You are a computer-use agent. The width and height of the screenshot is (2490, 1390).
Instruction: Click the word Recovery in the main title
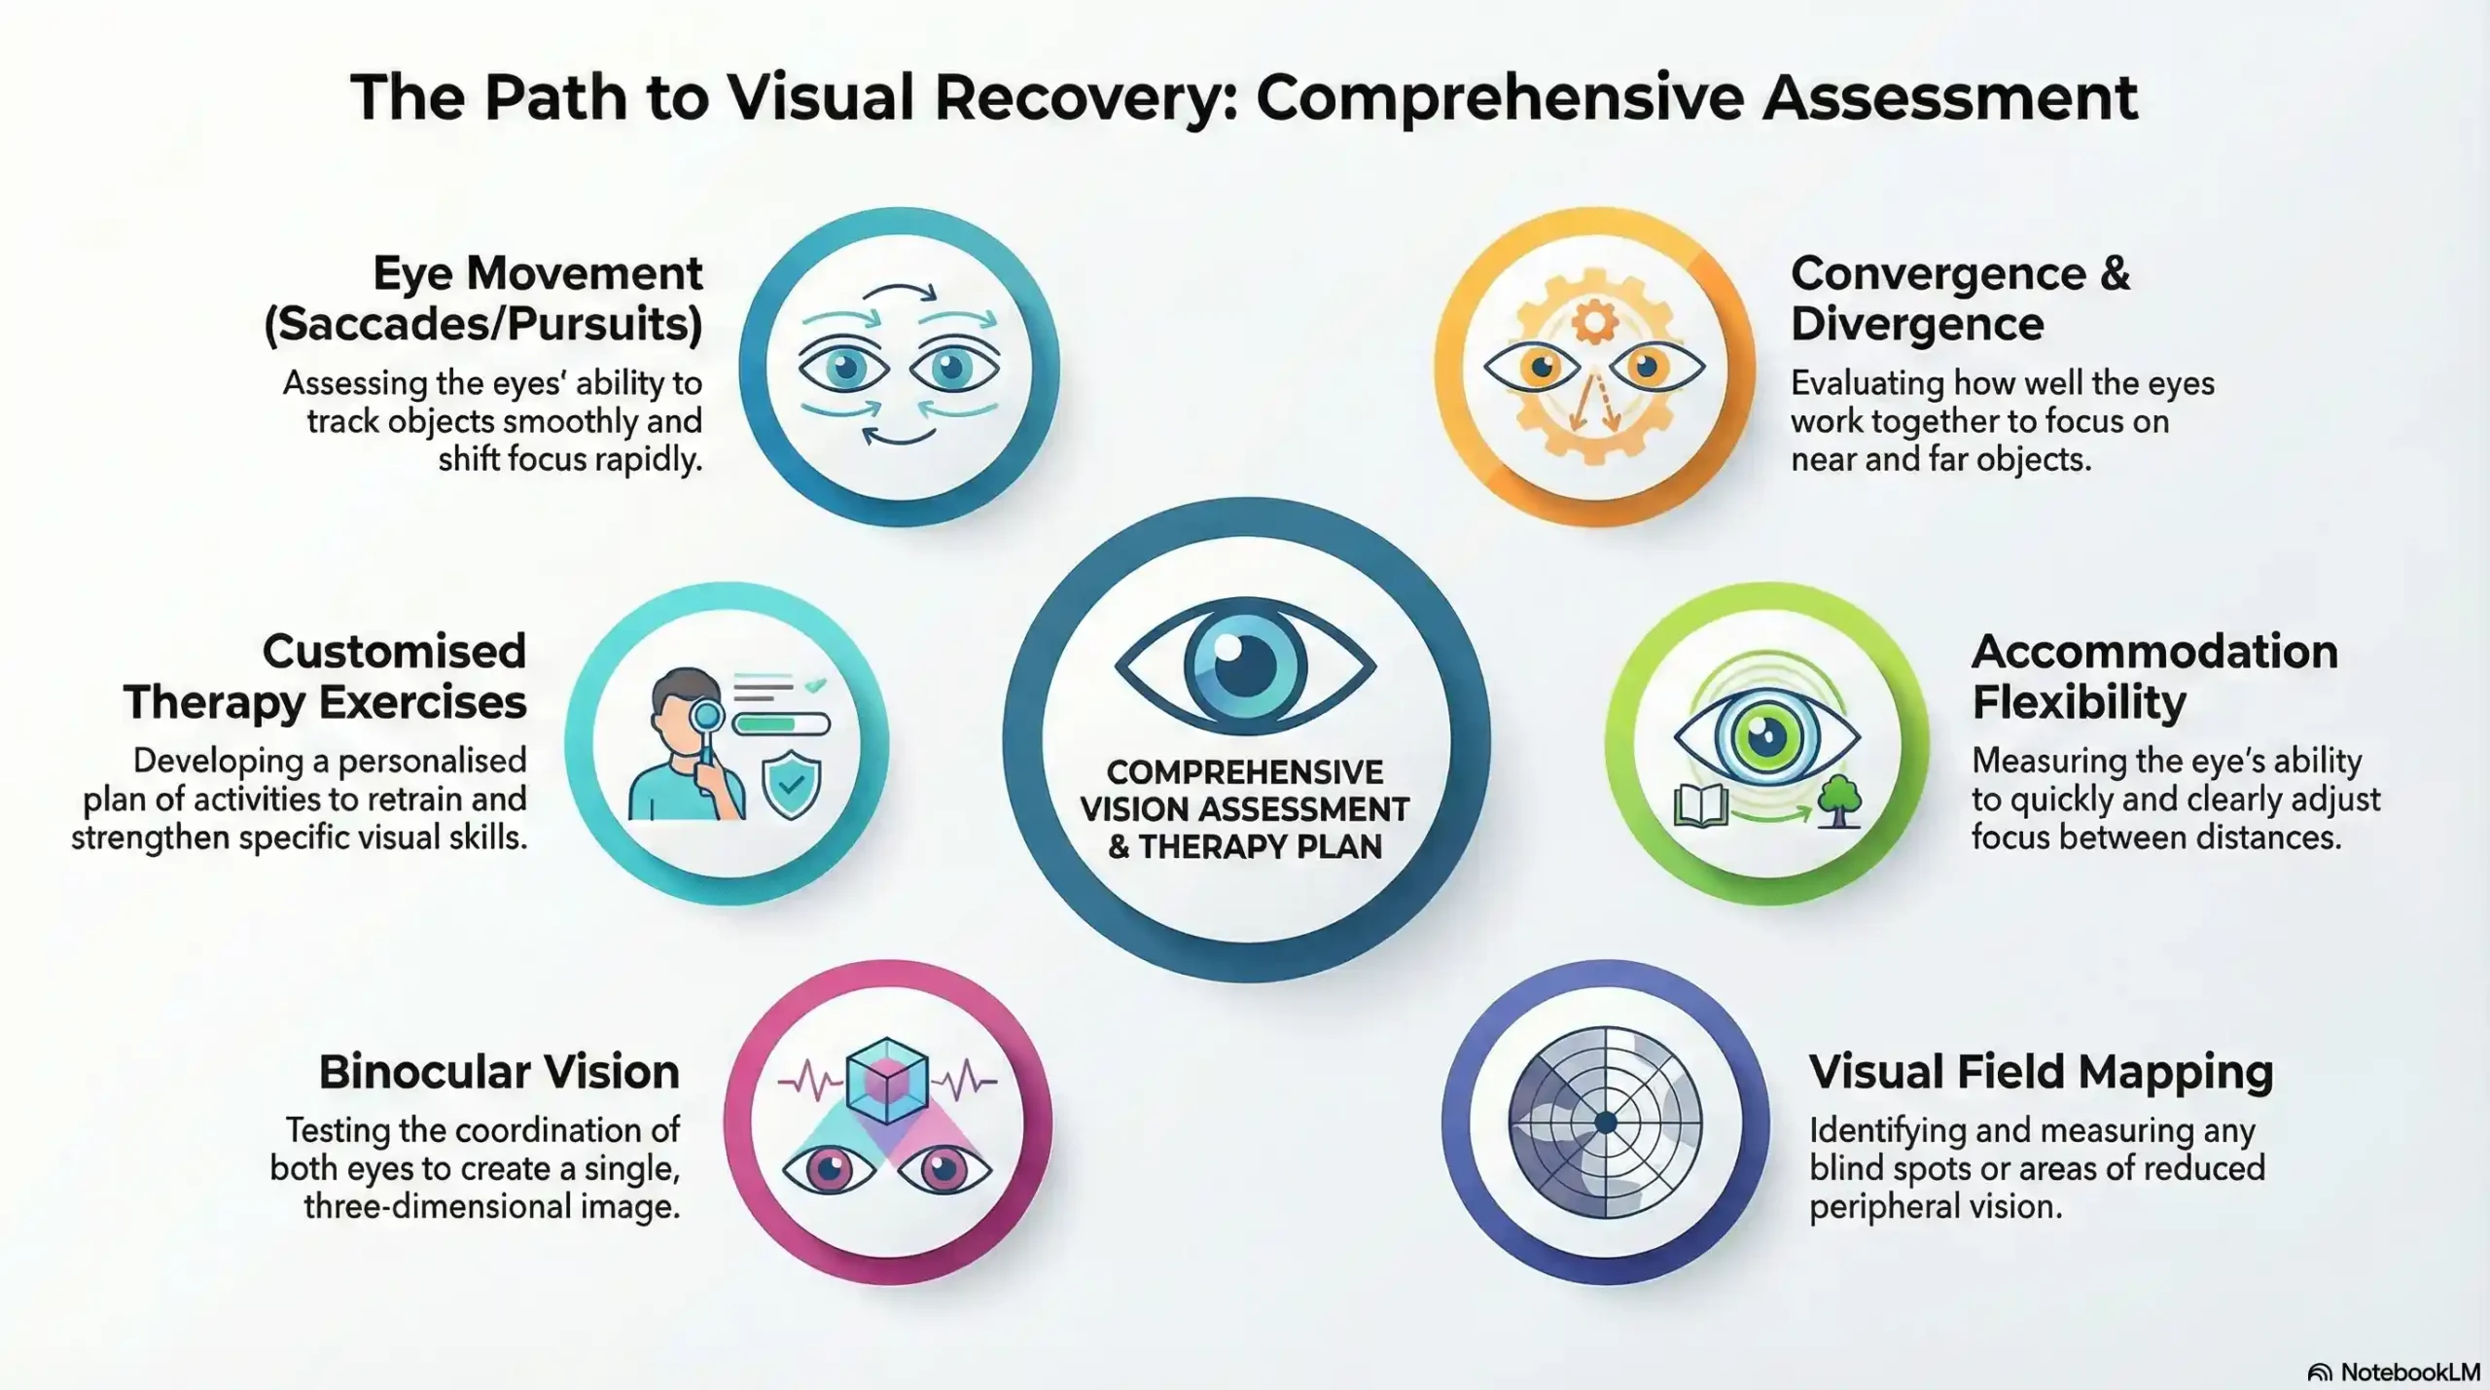[x=1076, y=97]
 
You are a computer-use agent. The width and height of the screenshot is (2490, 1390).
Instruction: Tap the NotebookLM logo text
[x=2409, y=1372]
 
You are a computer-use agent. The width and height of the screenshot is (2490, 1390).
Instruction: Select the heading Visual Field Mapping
[x=2041, y=1072]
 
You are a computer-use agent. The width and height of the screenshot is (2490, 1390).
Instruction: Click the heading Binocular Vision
[x=499, y=1072]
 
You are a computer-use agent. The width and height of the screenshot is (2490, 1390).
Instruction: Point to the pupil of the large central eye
[x=1244, y=665]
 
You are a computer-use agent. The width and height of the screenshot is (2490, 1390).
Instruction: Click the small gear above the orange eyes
[x=1594, y=321]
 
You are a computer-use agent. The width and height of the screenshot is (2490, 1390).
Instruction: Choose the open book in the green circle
[x=1700, y=805]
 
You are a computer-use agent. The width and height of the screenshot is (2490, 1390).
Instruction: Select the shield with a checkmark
[x=791, y=783]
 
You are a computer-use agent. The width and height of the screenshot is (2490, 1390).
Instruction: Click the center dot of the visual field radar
[x=1606, y=1123]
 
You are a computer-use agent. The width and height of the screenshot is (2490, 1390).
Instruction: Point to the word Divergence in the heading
[x=1916, y=324]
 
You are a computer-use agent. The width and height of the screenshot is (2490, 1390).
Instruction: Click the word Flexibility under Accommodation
[x=2079, y=702]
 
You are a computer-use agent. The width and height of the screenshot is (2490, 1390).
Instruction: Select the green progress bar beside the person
[x=781, y=724]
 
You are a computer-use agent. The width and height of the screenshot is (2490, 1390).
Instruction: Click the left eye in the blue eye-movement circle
[x=844, y=368]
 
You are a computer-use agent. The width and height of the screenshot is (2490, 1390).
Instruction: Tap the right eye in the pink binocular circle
[x=943, y=1168]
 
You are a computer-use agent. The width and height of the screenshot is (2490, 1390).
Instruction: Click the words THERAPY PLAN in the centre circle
[x=1260, y=847]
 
